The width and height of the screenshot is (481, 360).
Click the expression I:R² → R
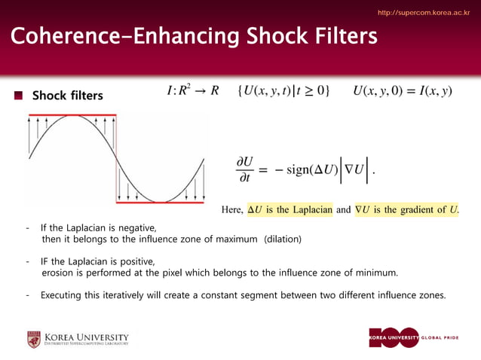pos(192,91)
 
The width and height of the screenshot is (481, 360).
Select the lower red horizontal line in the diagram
pos(159,202)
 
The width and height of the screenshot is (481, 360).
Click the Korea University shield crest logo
pos(34,339)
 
